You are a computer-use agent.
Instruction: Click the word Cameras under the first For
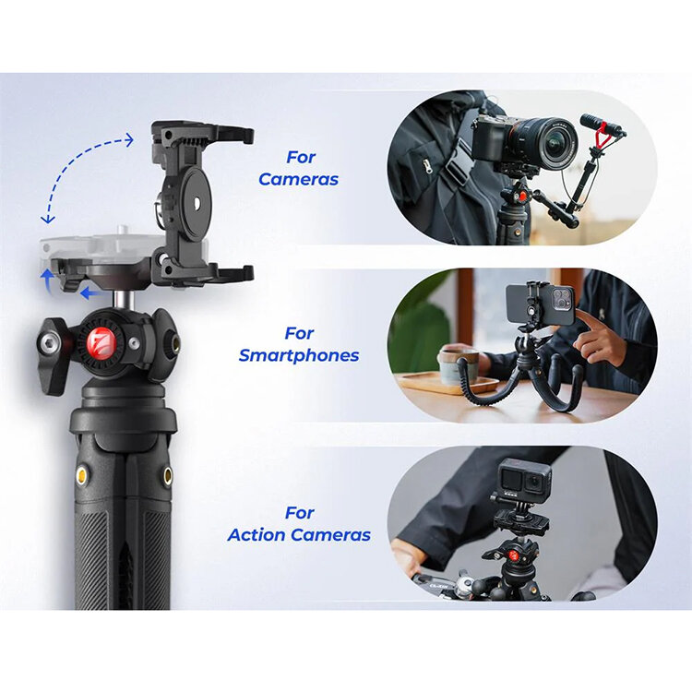coord(298,179)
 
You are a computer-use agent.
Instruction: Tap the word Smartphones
coord(299,355)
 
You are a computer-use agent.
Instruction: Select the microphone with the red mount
coord(602,125)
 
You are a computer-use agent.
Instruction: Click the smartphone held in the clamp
coord(540,304)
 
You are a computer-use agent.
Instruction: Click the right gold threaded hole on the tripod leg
coord(168,476)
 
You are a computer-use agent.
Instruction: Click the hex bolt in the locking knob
coord(46,341)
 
